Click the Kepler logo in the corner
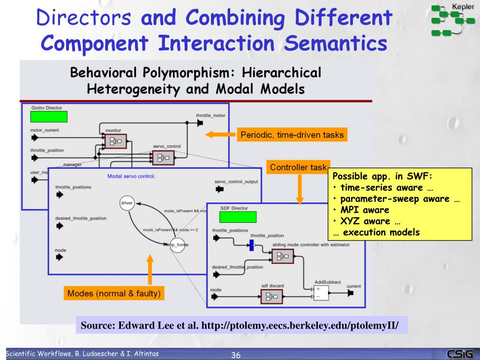[452, 20]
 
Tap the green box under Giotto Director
[49, 117]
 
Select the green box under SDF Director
[238, 217]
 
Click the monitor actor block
[115, 141]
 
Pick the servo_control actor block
[163, 158]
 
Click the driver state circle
[127, 203]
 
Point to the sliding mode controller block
[282, 256]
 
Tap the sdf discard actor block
[272, 296]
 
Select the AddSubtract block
[322, 292]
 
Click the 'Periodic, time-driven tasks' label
[292, 135]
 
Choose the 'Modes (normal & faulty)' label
[114, 294]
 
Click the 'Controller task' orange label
[298, 167]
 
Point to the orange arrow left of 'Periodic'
[220, 135]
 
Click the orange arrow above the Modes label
[150, 270]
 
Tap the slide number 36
[236, 355]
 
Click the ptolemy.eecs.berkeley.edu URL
[300, 325]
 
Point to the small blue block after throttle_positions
[251, 245]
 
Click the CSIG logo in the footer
[460, 354]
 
